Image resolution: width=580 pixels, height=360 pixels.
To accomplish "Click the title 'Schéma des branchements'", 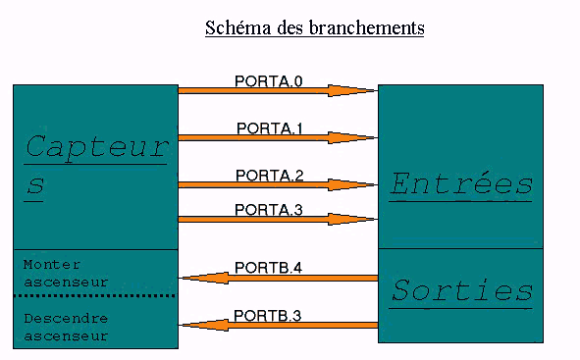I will pos(314,27).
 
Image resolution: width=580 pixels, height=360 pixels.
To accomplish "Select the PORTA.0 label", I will pos(269,80).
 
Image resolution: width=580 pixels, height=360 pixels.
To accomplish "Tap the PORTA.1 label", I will pos(271,128).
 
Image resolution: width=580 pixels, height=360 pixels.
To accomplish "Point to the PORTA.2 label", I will pos(270,175).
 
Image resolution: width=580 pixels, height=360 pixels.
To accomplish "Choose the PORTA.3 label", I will pos(270,209).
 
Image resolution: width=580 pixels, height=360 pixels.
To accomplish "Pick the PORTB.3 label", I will pos(267,315).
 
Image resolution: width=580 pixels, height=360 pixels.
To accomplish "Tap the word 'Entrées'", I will pos(461,183).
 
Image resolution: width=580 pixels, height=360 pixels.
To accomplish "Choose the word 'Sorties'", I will pos(461,290).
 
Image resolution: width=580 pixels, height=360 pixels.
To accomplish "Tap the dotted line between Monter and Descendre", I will pos(95,295).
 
